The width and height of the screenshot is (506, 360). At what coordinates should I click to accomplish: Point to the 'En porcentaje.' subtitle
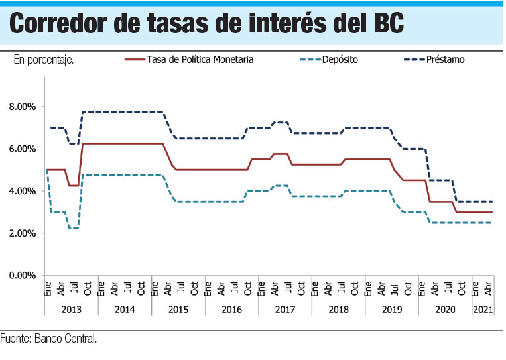(x=43, y=60)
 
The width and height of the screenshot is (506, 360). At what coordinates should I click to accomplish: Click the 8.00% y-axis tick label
(x=23, y=107)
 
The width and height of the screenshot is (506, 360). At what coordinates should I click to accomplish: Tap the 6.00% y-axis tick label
(x=23, y=149)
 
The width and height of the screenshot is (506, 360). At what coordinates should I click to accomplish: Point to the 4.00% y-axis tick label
(x=23, y=191)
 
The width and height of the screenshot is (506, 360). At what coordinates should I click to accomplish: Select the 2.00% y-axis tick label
(x=23, y=233)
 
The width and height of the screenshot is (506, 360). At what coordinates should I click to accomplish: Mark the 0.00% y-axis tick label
(x=23, y=276)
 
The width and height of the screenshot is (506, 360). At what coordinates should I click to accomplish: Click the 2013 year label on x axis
(x=71, y=309)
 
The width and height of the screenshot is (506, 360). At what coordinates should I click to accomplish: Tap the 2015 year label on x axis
(x=178, y=309)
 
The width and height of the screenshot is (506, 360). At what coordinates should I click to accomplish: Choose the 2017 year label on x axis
(x=285, y=309)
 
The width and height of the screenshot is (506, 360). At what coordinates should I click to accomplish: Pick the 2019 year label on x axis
(x=391, y=309)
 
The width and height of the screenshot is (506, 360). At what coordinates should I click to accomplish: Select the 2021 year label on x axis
(x=483, y=309)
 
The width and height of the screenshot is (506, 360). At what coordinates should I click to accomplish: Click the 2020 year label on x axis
(x=445, y=309)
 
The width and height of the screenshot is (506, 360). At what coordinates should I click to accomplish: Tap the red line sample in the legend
(x=135, y=60)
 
